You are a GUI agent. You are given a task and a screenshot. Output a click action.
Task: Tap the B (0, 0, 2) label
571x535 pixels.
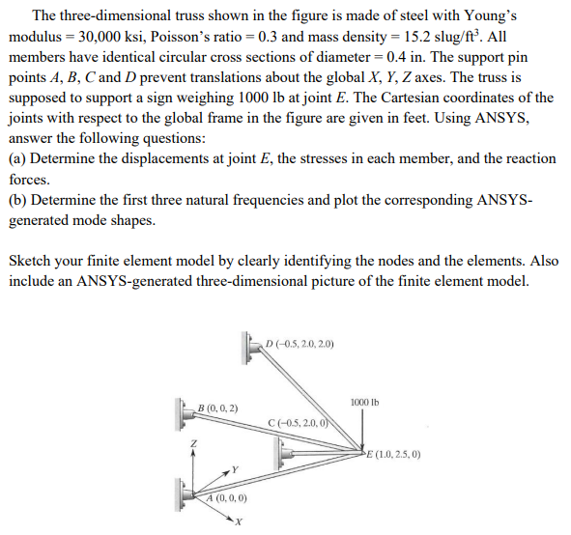(x=217, y=408)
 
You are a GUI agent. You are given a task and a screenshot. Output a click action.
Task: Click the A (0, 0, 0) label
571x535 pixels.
(x=226, y=498)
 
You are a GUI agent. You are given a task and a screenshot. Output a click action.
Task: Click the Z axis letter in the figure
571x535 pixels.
(x=192, y=442)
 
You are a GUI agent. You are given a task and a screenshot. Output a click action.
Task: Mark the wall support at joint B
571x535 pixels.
(x=183, y=412)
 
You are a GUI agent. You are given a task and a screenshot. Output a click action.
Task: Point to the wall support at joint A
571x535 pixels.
(x=183, y=495)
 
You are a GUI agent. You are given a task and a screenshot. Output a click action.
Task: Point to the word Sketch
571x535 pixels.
(x=30, y=262)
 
